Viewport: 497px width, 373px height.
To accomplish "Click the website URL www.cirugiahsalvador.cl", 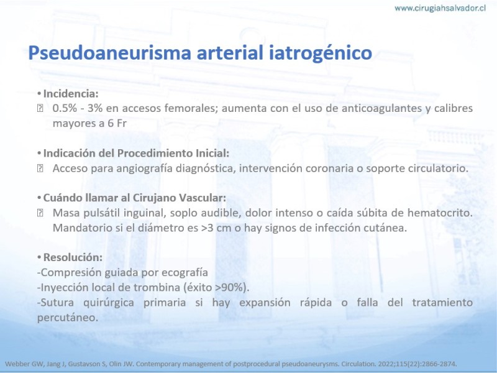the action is coord(440,8).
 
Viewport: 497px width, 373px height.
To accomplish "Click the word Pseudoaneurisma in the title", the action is coord(110,53).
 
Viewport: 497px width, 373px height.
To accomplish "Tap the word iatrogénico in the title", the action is coord(321,53).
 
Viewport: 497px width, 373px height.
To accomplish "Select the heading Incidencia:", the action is coord(71,94).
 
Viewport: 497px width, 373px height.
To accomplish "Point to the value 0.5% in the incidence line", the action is coord(65,108).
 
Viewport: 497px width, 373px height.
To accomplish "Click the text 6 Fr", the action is coord(117,123).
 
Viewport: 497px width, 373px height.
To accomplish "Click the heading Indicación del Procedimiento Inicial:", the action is coord(136,153).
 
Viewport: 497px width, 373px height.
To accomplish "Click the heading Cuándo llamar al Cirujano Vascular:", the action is coord(135,198).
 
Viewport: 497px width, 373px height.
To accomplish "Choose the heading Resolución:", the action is coord(73,257).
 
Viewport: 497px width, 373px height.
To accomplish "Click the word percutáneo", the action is coord(68,318).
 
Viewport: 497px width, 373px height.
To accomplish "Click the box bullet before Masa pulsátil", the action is coord(40,213).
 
